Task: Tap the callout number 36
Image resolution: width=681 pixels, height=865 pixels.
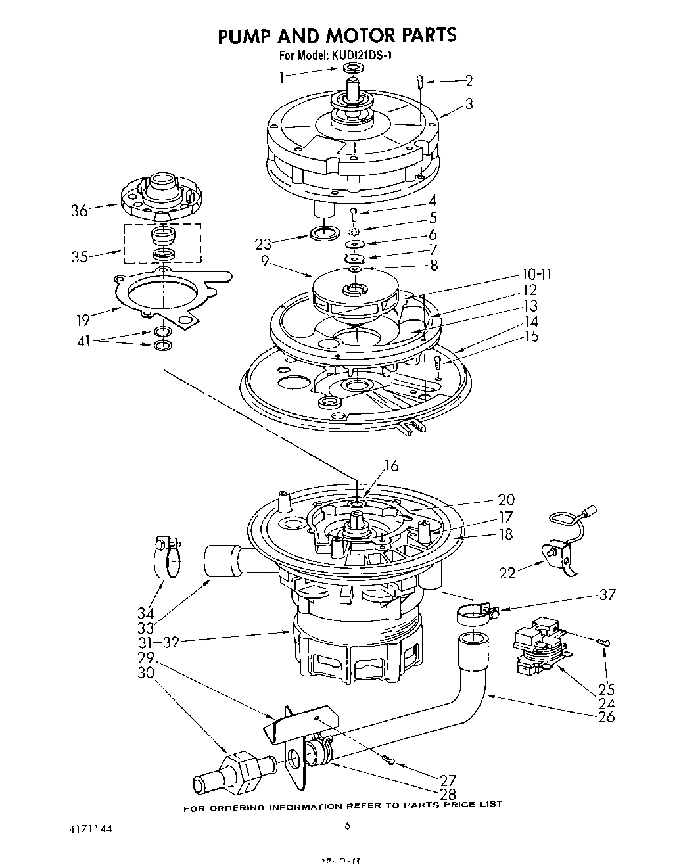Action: pyautogui.click(x=79, y=211)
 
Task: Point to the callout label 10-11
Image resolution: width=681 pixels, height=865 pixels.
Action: pyautogui.click(x=536, y=274)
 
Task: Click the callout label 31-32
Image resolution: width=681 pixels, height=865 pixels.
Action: pyautogui.click(x=162, y=642)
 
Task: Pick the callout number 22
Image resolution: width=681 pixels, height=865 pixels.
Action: pyautogui.click(x=507, y=573)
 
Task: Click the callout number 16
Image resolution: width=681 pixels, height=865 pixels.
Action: pyautogui.click(x=391, y=465)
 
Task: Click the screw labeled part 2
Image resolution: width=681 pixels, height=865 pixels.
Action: pyautogui.click(x=419, y=82)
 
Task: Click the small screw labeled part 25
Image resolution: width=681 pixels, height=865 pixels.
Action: pyautogui.click(x=603, y=642)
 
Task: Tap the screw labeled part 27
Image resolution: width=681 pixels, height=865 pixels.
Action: pyautogui.click(x=388, y=760)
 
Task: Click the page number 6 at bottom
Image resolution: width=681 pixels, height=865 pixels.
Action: pyautogui.click(x=347, y=827)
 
